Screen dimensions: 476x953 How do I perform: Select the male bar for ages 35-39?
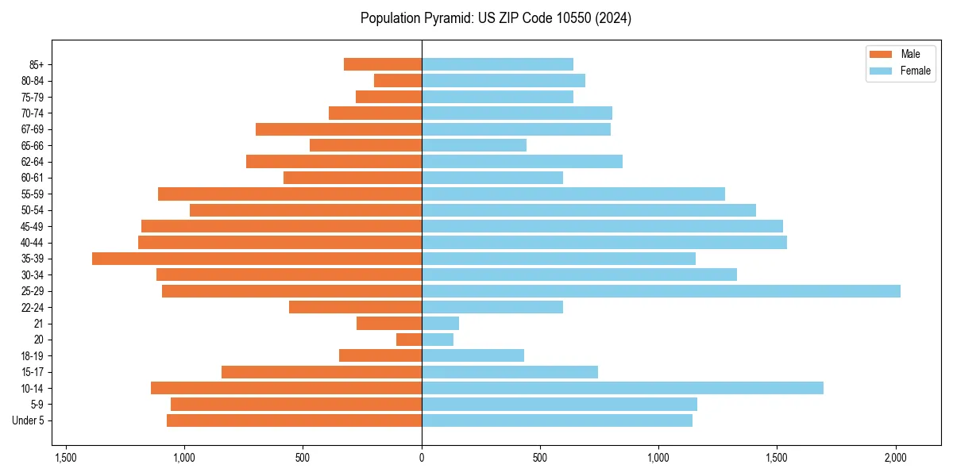point(257,259)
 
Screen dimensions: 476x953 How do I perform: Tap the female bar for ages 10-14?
point(622,388)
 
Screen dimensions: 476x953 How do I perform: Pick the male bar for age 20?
point(409,340)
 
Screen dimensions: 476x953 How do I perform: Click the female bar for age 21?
point(440,324)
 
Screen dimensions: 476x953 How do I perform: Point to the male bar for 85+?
point(382,64)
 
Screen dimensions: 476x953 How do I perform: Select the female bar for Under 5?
point(557,420)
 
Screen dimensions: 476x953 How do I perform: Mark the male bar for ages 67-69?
point(338,129)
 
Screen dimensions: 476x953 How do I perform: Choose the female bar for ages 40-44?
point(604,243)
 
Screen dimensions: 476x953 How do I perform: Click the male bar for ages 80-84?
point(398,81)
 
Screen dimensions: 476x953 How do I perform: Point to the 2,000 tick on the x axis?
point(896,458)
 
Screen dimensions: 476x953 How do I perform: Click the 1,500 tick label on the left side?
point(65,458)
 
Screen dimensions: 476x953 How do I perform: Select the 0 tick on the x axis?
point(422,458)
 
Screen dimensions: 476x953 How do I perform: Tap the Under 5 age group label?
point(28,420)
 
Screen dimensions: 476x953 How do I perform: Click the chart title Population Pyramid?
point(496,18)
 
